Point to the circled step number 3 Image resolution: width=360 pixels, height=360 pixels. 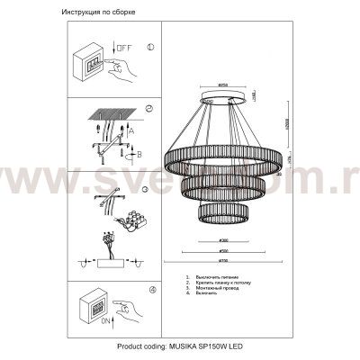[150, 180]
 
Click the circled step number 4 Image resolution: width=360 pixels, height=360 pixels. [150, 289]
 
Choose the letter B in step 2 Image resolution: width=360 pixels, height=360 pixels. [137, 153]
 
